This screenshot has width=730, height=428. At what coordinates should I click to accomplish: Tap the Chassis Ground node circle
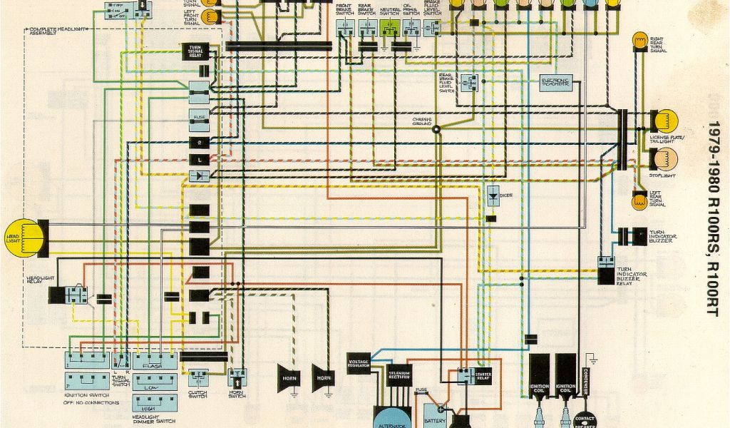pos(436,129)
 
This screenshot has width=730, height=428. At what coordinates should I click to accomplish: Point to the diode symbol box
pos(493,195)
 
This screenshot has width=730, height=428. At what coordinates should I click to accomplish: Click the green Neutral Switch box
pos(389,27)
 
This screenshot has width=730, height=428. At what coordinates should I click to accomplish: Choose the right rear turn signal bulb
pos(639,42)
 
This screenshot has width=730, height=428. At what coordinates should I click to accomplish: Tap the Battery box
pos(434,414)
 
